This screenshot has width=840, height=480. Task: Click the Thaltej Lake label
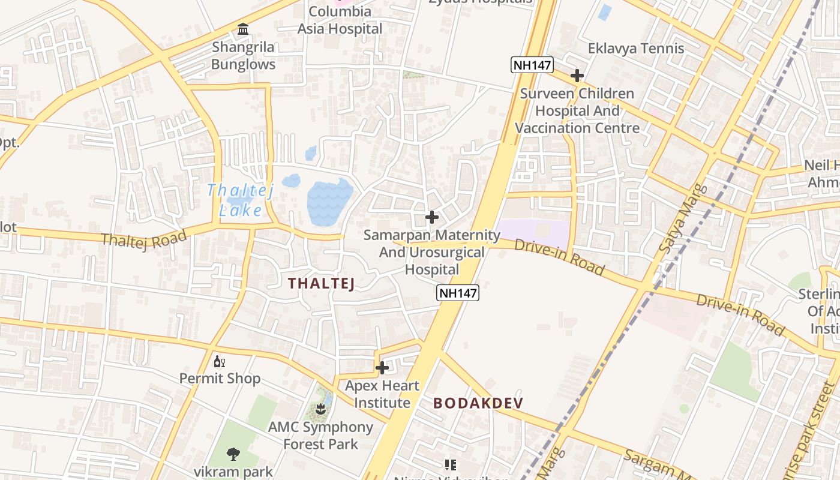coord(241,200)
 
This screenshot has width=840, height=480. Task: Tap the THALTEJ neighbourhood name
coord(321,283)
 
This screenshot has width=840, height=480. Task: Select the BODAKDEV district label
coord(478,403)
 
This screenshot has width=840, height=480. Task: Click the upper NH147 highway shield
coord(532,65)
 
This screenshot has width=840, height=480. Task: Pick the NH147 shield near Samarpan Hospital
coord(458,293)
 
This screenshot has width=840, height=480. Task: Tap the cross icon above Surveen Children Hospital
coord(577,76)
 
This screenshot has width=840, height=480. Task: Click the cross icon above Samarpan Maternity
coord(431,217)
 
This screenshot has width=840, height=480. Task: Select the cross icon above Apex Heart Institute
coord(382,367)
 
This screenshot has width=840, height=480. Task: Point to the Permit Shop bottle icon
coord(220,361)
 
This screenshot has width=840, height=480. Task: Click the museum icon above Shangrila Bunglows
coord(243,29)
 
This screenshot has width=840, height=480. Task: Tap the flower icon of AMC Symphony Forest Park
coord(321,409)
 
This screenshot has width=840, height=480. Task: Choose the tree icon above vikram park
coord(233,454)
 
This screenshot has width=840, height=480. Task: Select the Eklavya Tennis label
coord(635,49)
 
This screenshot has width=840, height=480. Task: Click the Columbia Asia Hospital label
coord(340,20)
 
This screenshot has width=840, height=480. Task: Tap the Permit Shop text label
coord(220,379)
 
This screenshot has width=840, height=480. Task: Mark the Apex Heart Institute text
coord(382,394)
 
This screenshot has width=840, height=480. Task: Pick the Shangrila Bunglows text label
coord(243,56)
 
